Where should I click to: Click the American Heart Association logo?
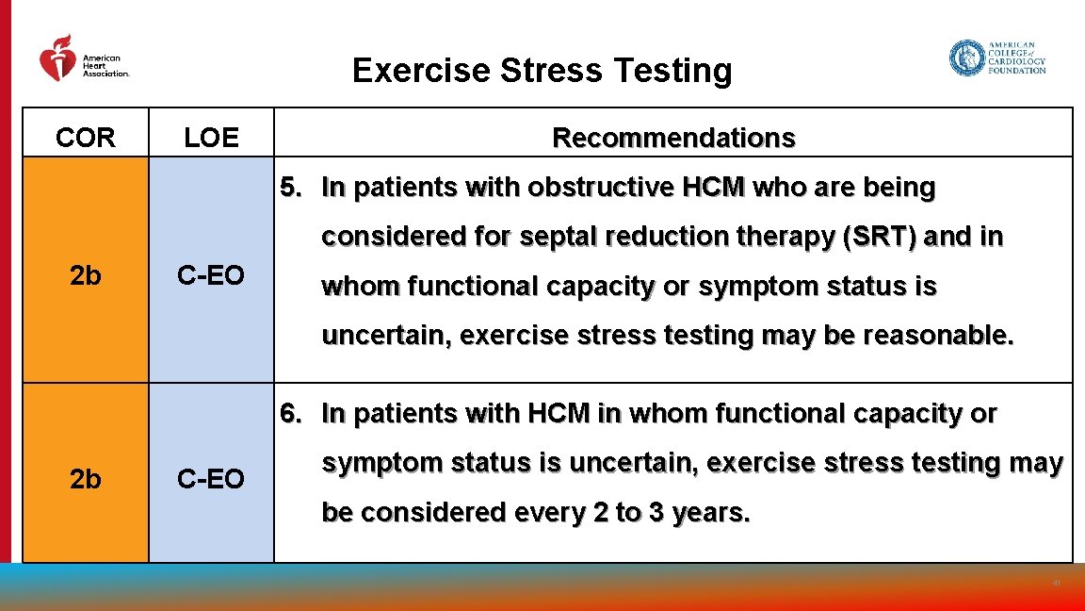pyautogui.click(x=83, y=58)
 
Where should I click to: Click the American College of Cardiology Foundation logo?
pyautogui.click(x=997, y=58)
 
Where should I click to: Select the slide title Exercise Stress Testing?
pyautogui.click(x=542, y=71)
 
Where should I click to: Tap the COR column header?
pyautogui.click(x=86, y=138)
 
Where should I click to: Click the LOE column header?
pyautogui.click(x=211, y=138)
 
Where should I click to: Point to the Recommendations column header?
pyautogui.click(x=673, y=138)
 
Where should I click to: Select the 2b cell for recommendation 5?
pyautogui.click(x=86, y=275)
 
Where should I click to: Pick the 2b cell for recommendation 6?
pyautogui.click(x=86, y=479)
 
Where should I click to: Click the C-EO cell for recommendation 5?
pyautogui.click(x=211, y=275)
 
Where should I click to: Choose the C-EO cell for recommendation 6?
pyautogui.click(x=211, y=479)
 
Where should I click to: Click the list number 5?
pyautogui.click(x=290, y=188)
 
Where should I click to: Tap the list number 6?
pyautogui.click(x=290, y=413)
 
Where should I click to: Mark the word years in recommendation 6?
pyautogui.click(x=711, y=512)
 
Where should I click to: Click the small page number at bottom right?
pyautogui.click(x=1057, y=584)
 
